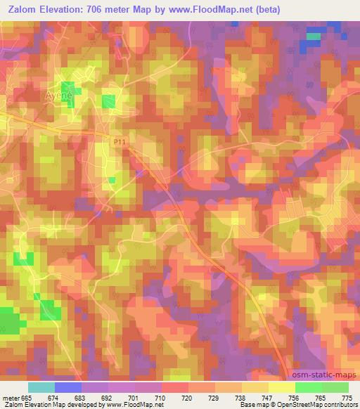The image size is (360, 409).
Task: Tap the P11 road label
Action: tap(120, 142)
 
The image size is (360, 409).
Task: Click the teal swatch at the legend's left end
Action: tap(41, 387)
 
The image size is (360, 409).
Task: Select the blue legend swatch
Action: tap(67, 387)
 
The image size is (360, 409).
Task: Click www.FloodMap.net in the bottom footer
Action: tap(135, 405)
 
